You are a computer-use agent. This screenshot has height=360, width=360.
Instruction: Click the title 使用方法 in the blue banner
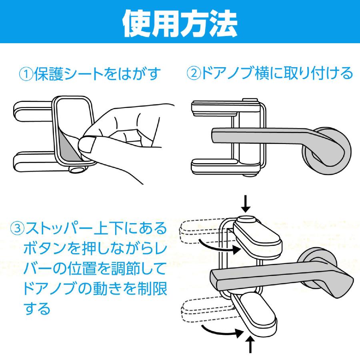point(180,23)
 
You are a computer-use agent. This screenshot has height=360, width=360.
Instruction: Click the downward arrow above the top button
point(246,203)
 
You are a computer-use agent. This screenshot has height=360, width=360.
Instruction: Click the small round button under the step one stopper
point(76,170)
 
